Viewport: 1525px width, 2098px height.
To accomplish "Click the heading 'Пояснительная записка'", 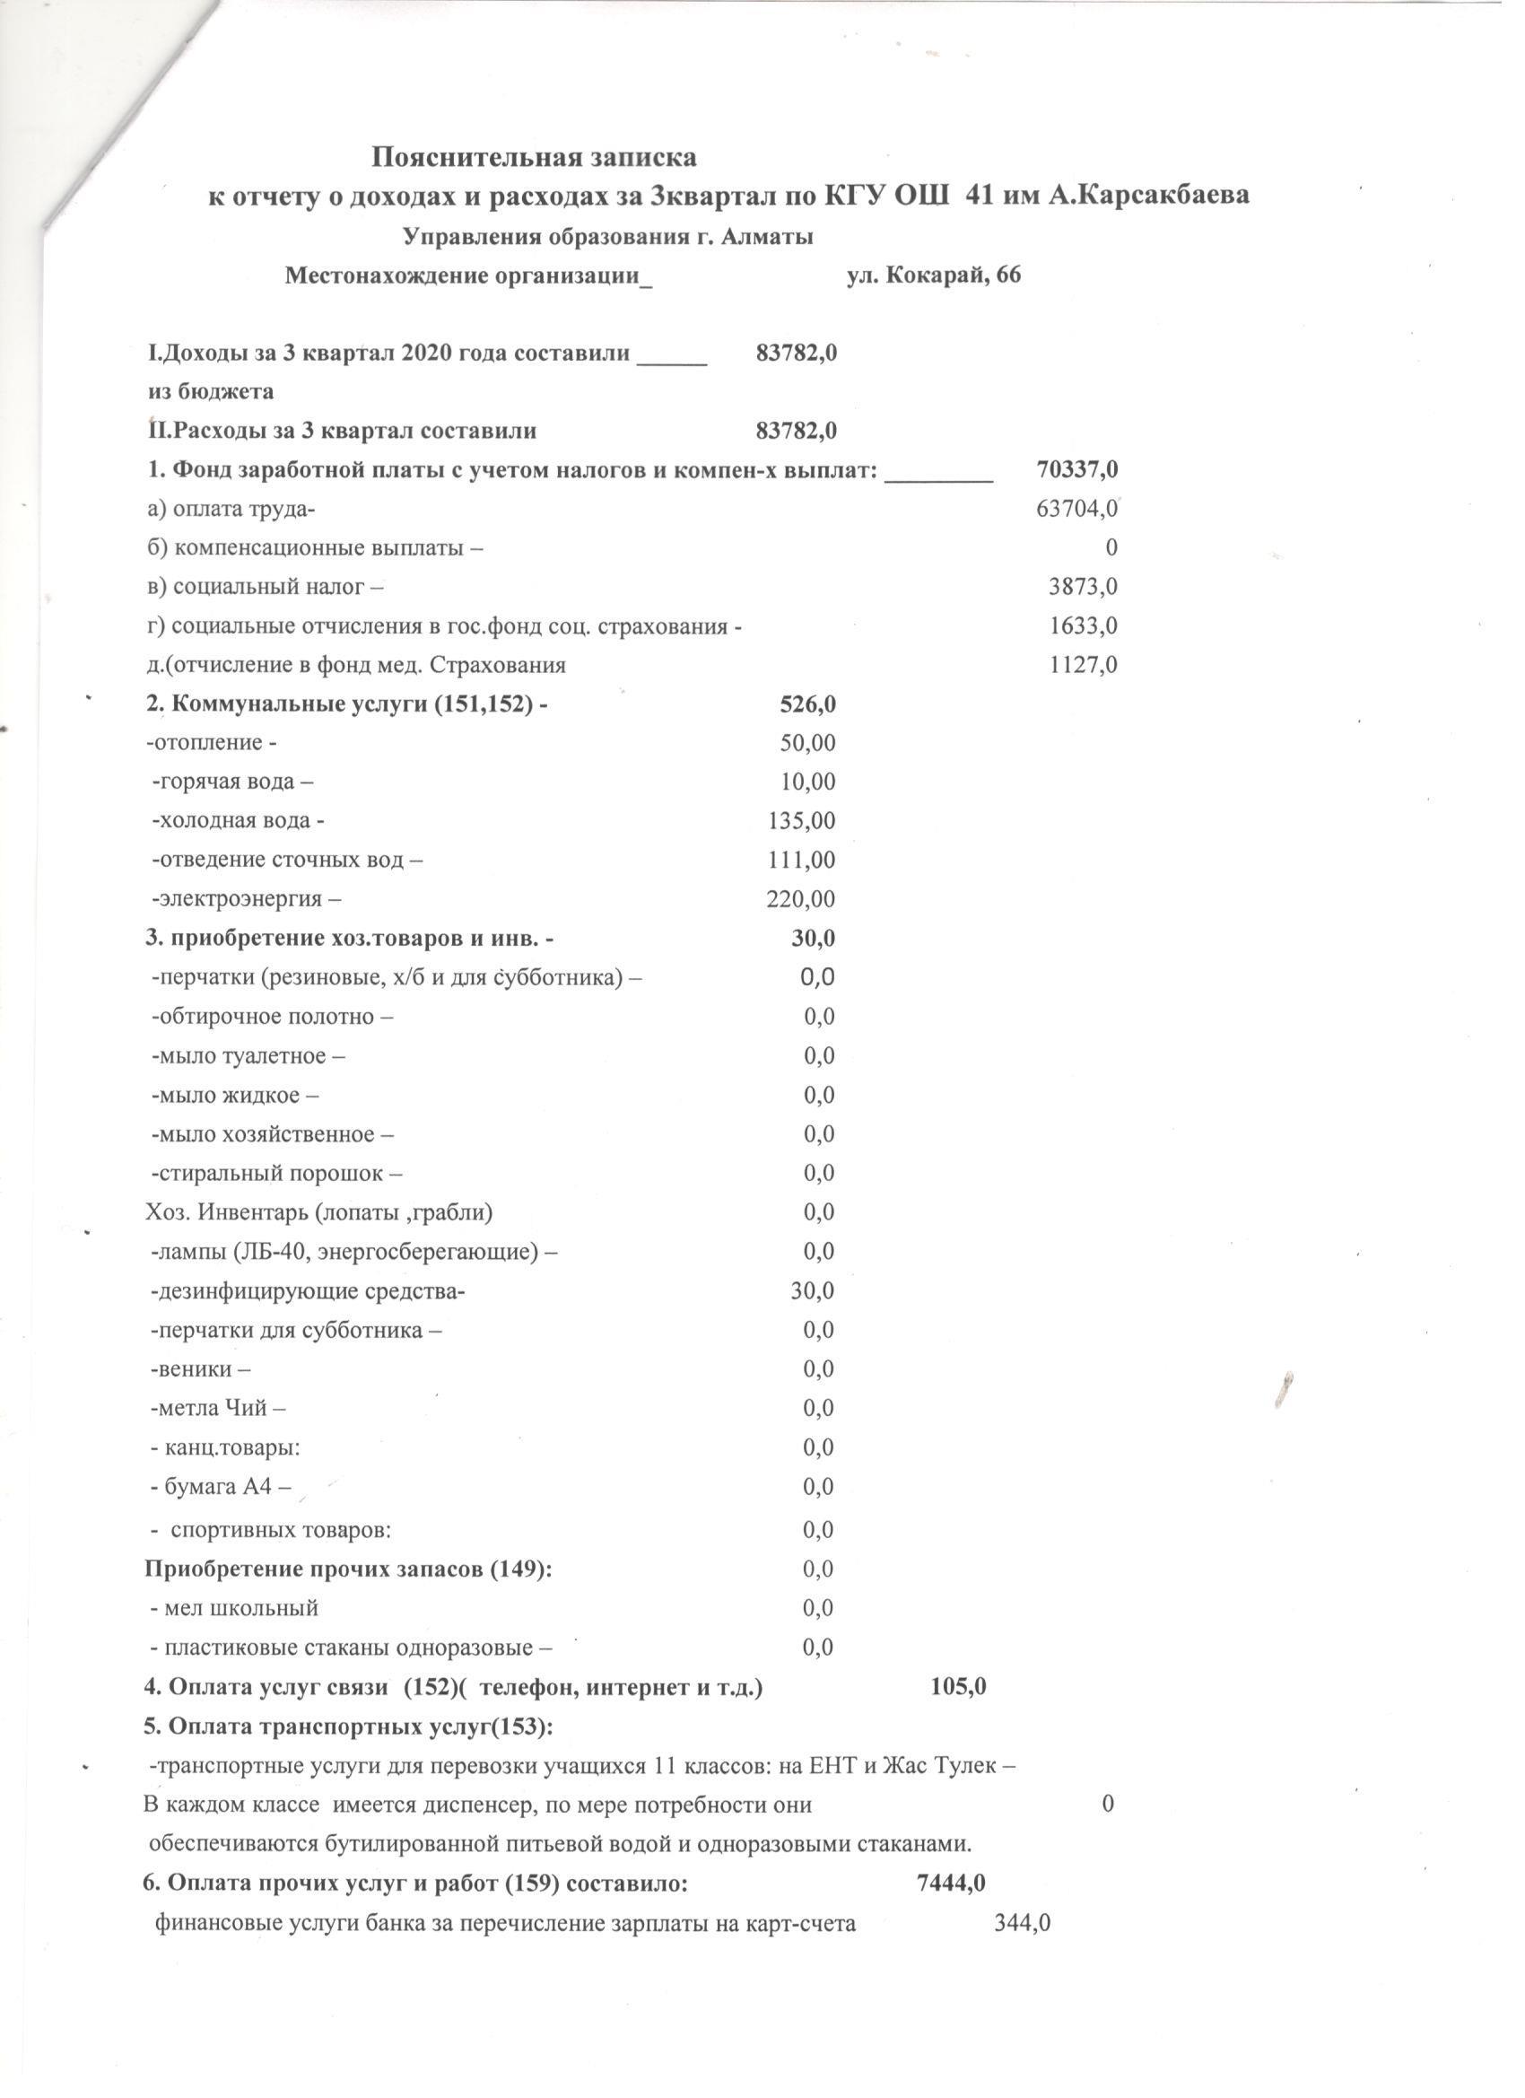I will click(534, 157).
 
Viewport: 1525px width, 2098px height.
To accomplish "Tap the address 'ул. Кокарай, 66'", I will click(934, 275).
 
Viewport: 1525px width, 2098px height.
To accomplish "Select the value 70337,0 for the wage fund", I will click(1077, 470).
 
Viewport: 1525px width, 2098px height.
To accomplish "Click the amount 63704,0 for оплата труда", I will click(1077, 509).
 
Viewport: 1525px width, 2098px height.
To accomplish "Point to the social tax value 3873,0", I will click(1083, 587).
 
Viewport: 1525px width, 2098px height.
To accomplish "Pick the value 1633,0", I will click(1083, 626).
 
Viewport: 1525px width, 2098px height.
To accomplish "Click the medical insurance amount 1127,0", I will click(1083, 665).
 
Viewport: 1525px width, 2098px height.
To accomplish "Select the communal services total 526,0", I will click(807, 705).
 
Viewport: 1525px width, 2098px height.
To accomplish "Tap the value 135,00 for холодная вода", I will click(802, 820).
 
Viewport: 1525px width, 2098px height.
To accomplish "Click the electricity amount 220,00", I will click(801, 899).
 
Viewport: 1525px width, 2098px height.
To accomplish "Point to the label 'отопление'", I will click(212, 744).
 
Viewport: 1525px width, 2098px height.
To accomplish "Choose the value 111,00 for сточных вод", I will click(802, 861).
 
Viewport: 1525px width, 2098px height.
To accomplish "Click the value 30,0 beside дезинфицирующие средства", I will click(812, 1290).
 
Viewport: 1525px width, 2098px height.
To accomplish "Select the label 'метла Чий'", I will click(218, 1409).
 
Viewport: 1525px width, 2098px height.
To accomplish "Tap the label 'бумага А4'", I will click(220, 1487).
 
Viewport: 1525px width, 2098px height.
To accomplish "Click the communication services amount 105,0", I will click(958, 1686).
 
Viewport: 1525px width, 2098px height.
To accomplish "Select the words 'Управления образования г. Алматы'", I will click(608, 237).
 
